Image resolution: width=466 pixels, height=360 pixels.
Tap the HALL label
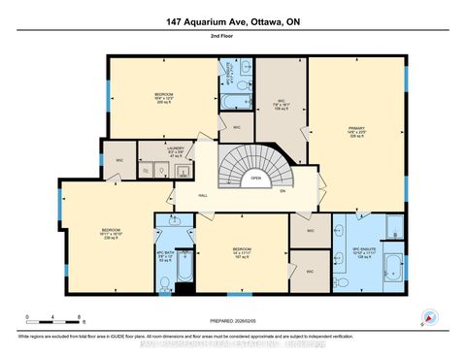[x=205, y=195]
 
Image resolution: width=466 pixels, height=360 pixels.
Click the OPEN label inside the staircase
[x=256, y=178]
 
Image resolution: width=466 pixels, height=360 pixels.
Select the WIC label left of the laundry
[x=119, y=159]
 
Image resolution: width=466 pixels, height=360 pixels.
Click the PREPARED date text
[x=233, y=321]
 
